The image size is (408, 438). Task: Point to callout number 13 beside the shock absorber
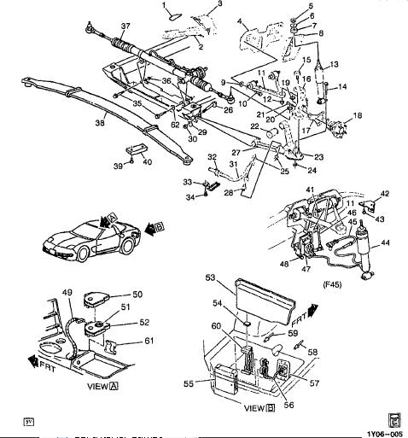click(335, 64)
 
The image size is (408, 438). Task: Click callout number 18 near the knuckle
click(358, 115)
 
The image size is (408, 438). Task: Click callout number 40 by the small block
click(147, 162)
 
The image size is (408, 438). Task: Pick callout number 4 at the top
click(240, 20)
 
